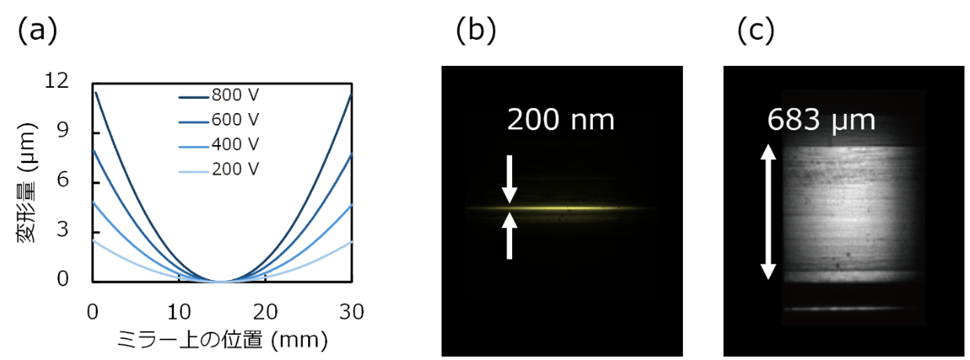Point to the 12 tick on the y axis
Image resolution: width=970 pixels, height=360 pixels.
point(69,81)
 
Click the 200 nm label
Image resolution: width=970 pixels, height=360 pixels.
point(561,121)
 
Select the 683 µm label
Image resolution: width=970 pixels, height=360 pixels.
point(820,121)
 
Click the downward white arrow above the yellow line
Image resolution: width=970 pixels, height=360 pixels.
point(510,179)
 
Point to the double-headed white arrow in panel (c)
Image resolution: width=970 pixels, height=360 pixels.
point(768,212)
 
